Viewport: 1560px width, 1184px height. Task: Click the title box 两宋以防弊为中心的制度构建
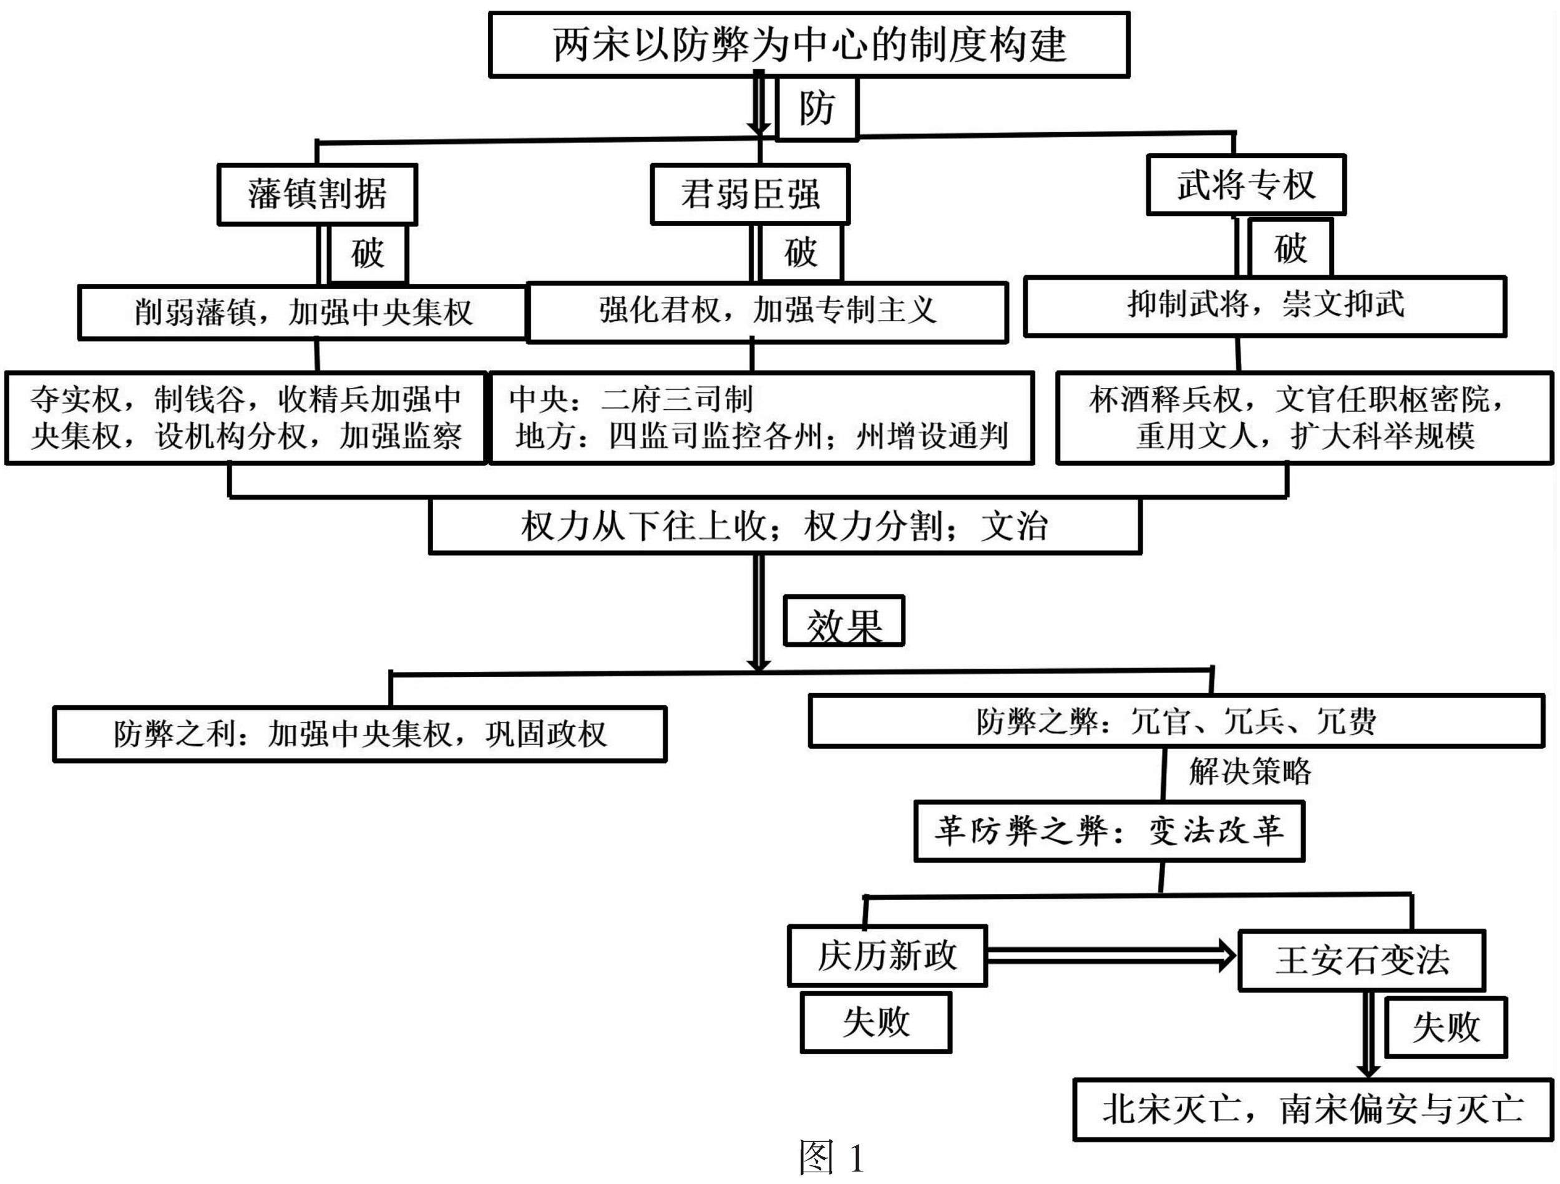[809, 44]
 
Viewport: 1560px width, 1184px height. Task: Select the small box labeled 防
[817, 109]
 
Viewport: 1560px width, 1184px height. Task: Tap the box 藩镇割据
[318, 195]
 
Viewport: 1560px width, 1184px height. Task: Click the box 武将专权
[1246, 185]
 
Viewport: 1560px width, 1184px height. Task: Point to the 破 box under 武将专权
[1290, 248]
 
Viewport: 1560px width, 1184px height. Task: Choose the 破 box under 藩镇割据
[368, 253]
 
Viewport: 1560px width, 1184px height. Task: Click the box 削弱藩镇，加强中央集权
[303, 313]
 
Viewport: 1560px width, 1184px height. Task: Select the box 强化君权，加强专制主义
[768, 313]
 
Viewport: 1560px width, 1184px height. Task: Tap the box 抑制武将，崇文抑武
[1264, 306]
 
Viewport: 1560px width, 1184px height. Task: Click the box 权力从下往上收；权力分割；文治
[785, 526]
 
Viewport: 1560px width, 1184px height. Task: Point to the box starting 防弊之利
[359, 734]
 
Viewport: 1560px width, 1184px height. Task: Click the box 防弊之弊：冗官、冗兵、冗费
[1176, 721]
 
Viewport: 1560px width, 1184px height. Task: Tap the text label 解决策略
[1250, 772]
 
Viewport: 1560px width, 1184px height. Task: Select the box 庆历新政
[887, 956]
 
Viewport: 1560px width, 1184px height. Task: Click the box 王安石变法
[1362, 961]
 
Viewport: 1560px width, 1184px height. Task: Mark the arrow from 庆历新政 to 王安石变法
[1111, 956]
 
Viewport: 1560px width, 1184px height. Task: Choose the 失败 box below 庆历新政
[876, 1022]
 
